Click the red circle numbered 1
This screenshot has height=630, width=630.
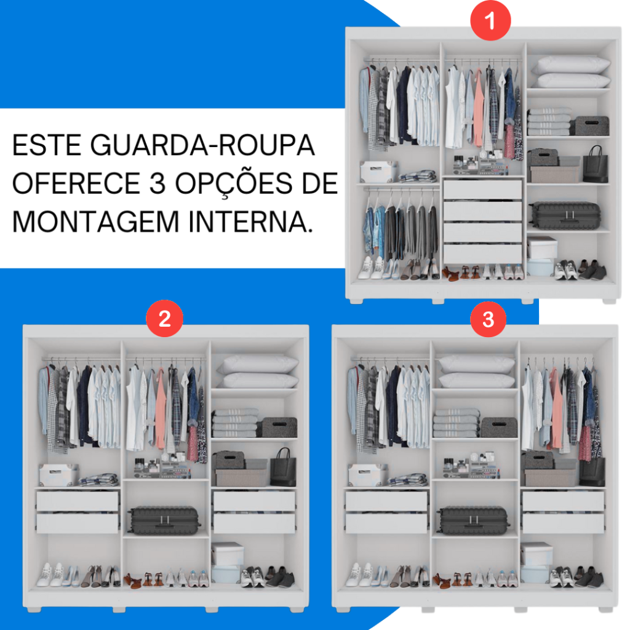point(490,20)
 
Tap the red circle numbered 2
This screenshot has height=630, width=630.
point(165,319)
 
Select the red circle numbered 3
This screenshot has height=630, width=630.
point(488,319)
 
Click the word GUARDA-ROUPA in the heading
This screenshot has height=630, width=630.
point(202,145)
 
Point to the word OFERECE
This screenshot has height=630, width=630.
point(76,183)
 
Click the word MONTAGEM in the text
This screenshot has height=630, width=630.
point(95,221)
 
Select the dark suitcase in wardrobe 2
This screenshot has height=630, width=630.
point(164,520)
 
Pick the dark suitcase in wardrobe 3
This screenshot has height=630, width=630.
point(473,520)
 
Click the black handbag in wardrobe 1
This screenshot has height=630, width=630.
point(596,165)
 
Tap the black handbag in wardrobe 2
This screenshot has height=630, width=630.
point(283,468)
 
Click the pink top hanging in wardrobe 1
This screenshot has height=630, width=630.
point(478,110)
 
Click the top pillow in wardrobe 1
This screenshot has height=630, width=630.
point(572,64)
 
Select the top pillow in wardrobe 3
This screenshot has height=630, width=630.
point(477,364)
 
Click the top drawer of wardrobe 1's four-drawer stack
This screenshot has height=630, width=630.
point(482,189)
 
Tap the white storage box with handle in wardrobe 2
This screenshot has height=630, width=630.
point(58,474)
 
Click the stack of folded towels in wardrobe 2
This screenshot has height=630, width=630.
point(236,423)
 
